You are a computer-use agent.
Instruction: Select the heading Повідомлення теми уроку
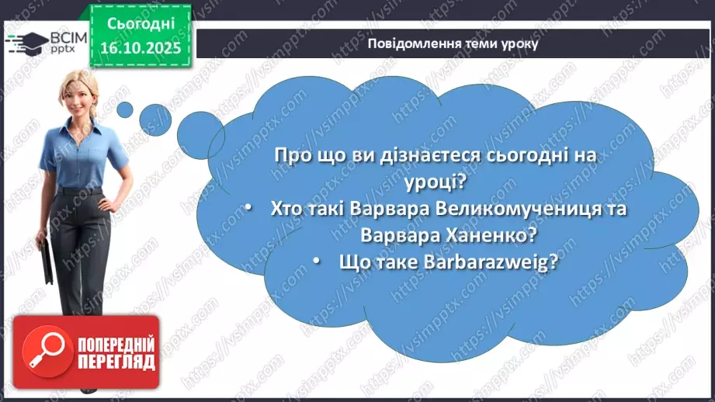453,43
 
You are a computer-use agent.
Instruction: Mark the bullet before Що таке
318,262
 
